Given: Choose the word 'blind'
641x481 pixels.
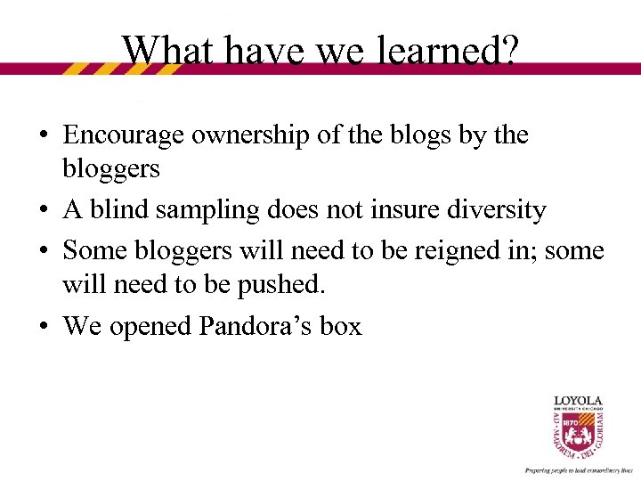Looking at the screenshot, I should [x=113, y=210].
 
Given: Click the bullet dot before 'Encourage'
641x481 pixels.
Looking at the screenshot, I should [x=43, y=136].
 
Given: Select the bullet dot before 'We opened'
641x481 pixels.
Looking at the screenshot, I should [x=43, y=327].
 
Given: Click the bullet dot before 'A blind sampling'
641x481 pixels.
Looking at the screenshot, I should [x=43, y=211].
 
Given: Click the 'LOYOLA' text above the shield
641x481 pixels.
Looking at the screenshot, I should [x=579, y=401].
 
